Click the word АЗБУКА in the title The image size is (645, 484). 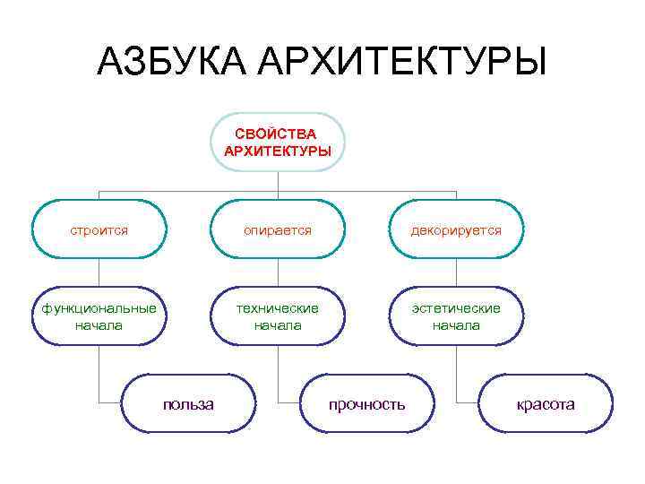click(170, 63)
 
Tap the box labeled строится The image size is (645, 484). click(99, 230)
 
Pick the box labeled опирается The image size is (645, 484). click(277, 230)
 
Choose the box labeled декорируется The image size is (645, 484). click(456, 230)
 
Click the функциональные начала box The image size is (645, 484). click(99, 316)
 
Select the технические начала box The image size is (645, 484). click(277, 316)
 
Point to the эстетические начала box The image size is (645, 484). click(456, 316)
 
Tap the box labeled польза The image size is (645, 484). click(188, 404)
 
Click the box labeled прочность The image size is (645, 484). click(366, 404)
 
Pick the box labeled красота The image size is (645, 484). click(546, 404)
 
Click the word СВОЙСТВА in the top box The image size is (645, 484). click(277, 134)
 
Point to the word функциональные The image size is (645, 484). click(99, 308)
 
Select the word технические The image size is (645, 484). click(277, 308)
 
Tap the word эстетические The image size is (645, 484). click(456, 308)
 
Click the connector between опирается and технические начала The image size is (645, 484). click(278, 273)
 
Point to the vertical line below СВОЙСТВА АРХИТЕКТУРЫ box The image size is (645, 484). click(278, 182)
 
